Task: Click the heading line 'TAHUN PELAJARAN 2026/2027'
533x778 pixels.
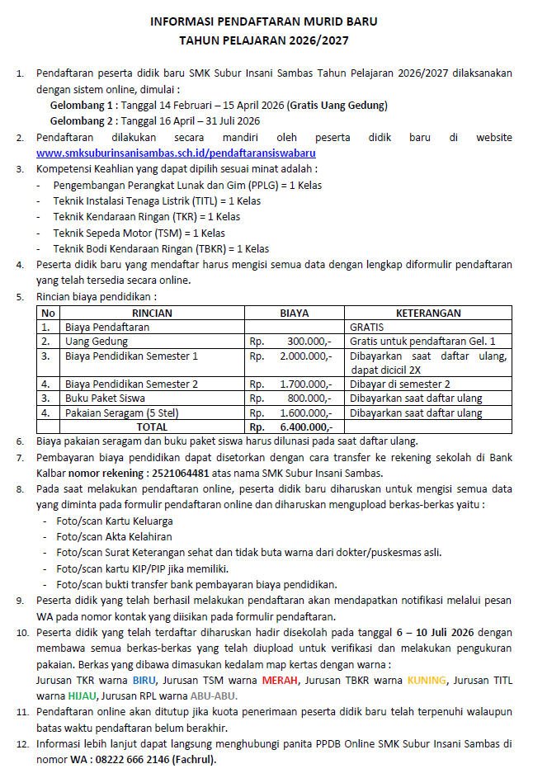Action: coord(266,39)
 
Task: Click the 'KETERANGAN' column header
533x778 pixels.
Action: coord(428,313)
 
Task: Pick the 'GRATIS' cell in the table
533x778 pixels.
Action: coord(366,327)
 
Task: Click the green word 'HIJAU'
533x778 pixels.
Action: coord(79,695)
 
